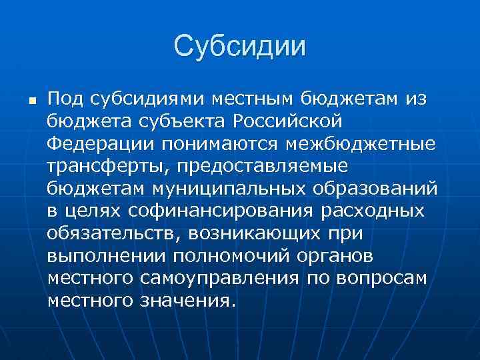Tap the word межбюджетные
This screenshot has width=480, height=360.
pyautogui.click(x=359, y=145)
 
